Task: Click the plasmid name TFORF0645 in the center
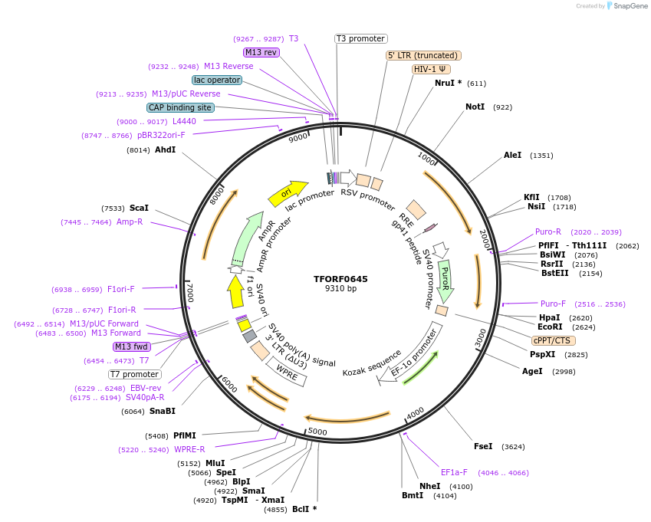(340, 279)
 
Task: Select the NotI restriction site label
(475, 107)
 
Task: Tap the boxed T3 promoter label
(361, 38)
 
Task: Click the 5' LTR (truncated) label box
(422, 55)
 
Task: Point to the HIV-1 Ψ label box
(431, 68)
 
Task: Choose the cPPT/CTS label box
(552, 340)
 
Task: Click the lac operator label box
(217, 80)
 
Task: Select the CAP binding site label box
(180, 107)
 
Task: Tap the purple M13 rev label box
(261, 52)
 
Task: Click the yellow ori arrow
(288, 193)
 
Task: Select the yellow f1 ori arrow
(235, 291)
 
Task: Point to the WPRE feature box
(288, 372)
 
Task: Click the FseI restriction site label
(483, 446)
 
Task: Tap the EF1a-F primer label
(454, 472)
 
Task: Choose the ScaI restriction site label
(139, 208)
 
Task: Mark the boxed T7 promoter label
(134, 374)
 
